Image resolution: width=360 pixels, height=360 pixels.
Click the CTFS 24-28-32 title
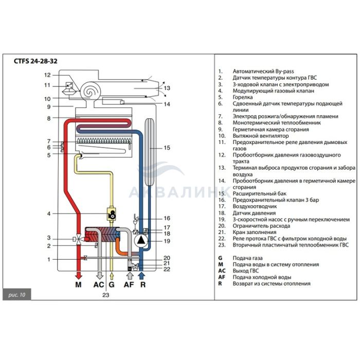click(35, 61)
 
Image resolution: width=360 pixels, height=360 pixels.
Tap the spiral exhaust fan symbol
click(92, 92)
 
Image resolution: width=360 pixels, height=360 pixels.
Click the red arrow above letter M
click(78, 273)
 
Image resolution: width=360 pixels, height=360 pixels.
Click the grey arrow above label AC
click(99, 273)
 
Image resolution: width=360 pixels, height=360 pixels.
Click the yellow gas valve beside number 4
click(111, 213)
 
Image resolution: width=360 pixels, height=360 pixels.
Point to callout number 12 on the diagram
click(47, 75)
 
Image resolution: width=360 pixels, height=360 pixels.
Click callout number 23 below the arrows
click(105, 295)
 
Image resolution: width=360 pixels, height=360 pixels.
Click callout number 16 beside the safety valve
click(166, 218)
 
